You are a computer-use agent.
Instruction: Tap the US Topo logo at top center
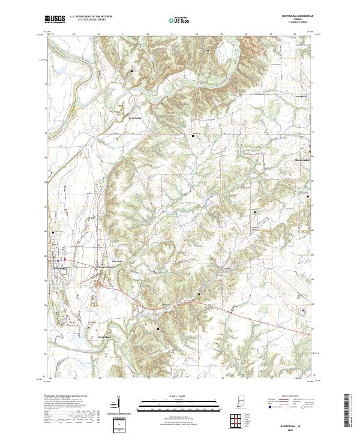(180, 20)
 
